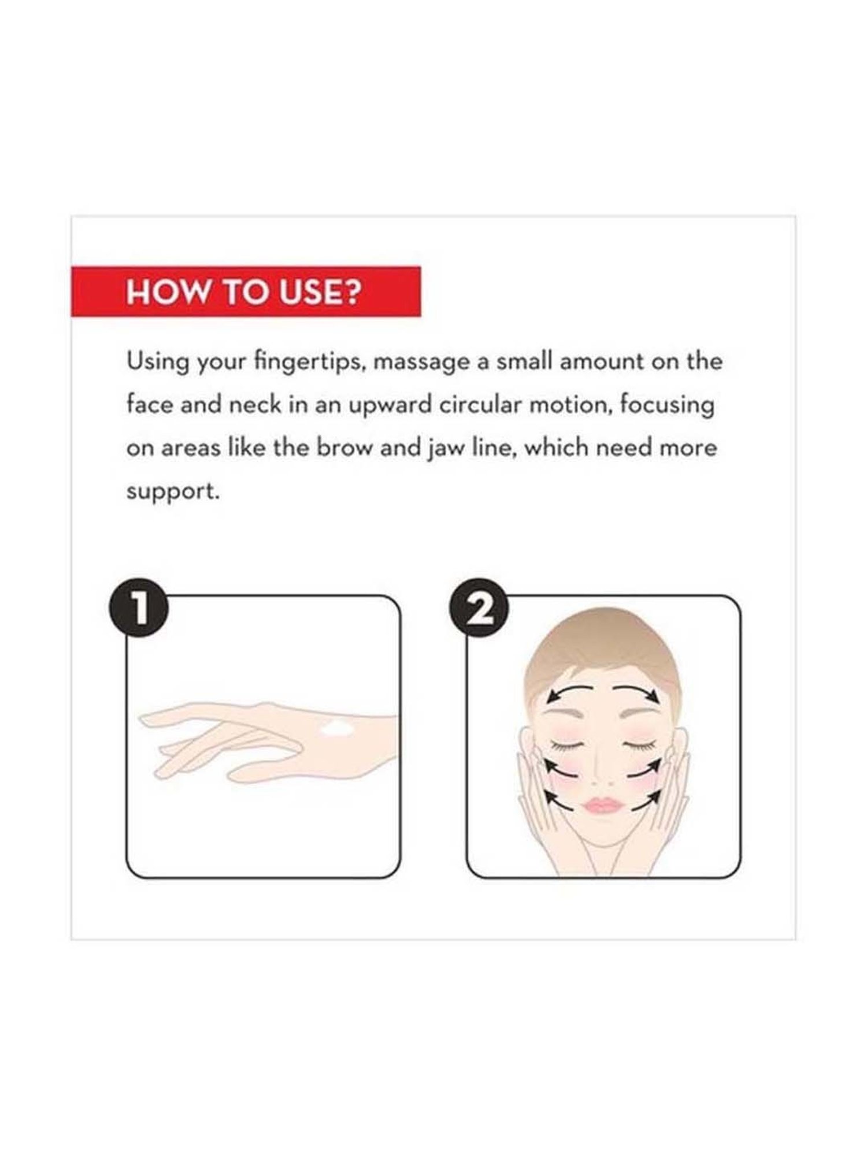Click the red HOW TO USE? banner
pyautogui.click(x=246, y=291)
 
